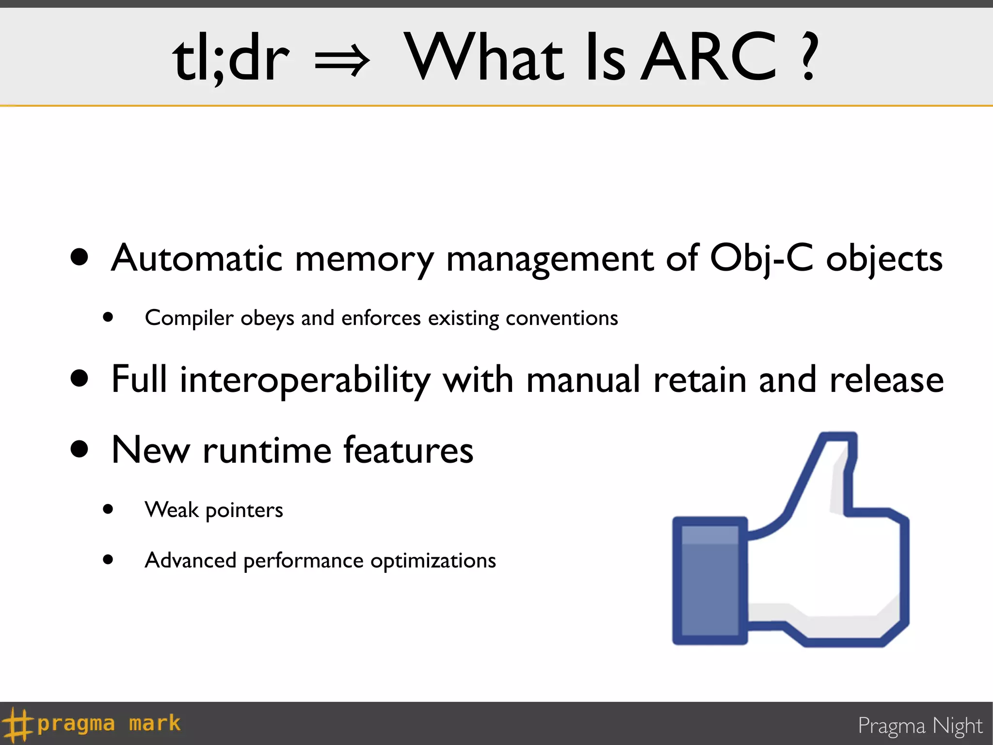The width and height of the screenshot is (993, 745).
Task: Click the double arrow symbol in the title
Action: coord(342,61)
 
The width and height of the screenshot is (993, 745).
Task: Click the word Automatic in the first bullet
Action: coord(196,259)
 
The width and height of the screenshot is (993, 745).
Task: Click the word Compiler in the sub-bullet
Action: coord(189,319)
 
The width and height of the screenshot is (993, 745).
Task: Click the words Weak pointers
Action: coord(214,510)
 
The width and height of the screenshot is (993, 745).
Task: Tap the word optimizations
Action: coord(433,561)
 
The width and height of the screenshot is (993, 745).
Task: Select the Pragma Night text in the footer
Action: coord(920,726)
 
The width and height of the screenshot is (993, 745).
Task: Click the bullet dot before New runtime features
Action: coord(80,449)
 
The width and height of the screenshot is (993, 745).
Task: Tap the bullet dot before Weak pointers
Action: coord(108,509)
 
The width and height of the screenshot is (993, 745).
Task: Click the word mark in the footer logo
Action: coord(154,724)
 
